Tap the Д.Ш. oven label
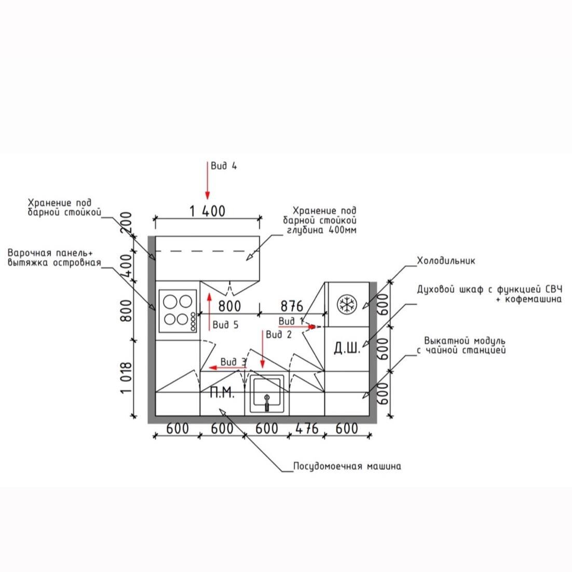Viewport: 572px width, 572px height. tap(346, 348)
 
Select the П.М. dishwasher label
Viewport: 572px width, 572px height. tap(222, 393)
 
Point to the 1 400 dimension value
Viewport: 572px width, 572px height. tap(207, 211)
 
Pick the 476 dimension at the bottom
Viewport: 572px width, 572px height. tap(307, 428)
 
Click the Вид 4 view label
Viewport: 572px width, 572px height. tap(224, 166)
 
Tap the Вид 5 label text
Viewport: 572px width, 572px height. tap(225, 325)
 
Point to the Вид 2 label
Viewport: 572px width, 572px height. tap(279, 335)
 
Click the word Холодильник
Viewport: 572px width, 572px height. tap(446, 261)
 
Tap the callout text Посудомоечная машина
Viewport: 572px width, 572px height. tap(347, 466)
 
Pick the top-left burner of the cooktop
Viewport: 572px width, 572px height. tap(170, 301)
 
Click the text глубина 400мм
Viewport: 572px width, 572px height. tap(322, 230)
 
